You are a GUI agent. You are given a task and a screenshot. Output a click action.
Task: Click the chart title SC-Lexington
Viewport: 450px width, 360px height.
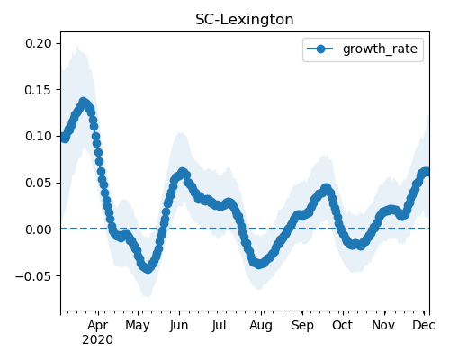coord(245,20)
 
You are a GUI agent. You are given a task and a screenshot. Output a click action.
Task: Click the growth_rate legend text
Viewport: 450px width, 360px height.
coord(380,49)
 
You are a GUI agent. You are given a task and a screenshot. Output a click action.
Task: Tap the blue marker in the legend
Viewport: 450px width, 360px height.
coord(320,49)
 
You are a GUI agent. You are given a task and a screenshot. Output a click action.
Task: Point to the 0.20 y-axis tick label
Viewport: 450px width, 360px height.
coord(39,43)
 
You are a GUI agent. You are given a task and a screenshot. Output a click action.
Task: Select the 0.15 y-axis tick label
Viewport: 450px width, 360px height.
coord(39,90)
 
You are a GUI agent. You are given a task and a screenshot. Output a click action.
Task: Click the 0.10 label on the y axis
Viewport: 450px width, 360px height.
coord(39,136)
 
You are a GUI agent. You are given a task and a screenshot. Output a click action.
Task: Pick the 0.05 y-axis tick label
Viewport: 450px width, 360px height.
coord(39,183)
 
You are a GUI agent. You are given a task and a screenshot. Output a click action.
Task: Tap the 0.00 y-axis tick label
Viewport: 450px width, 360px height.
coord(39,229)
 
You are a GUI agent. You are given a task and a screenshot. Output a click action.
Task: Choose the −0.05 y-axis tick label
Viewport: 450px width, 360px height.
coord(34,276)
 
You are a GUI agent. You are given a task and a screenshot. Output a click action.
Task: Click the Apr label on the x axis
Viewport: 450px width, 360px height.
coord(98,326)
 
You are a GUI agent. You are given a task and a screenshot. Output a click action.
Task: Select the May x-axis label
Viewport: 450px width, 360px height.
coord(138,326)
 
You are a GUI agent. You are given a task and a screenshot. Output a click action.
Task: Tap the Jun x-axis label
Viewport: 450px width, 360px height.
coord(179,325)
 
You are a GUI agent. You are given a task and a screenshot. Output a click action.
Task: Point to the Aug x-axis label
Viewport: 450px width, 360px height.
coord(261,326)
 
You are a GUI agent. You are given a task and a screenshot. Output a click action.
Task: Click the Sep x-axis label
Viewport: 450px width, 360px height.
coord(302,326)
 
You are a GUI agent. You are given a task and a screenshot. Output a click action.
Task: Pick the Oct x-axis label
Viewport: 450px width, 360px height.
coord(342,325)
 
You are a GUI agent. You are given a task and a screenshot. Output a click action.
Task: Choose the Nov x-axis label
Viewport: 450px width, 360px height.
coord(383,325)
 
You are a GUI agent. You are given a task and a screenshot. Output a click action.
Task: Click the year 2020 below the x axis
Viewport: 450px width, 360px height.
coord(98,340)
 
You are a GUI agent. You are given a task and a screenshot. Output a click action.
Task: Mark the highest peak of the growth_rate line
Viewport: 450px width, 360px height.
coord(84,102)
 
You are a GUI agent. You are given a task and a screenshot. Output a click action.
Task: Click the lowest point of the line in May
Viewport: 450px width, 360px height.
coord(148,268)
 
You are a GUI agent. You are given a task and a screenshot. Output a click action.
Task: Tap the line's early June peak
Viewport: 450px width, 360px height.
coord(182,172)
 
